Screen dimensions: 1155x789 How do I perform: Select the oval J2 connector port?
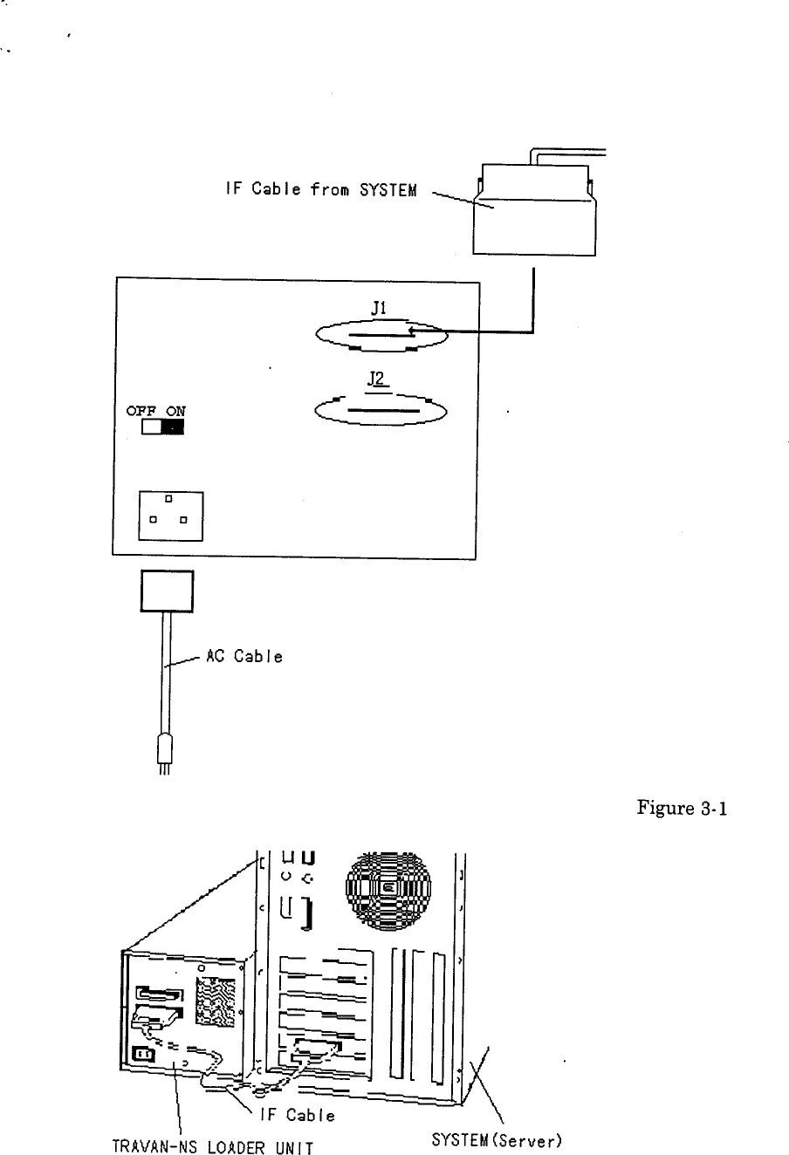[x=381, y=411]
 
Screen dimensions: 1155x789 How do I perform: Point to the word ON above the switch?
[x=175, y=411]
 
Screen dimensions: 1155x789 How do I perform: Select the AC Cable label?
[x=244, y=657]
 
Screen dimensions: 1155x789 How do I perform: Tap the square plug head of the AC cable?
[x=167, y=592]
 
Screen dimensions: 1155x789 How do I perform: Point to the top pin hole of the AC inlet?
[x=169, y=498]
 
